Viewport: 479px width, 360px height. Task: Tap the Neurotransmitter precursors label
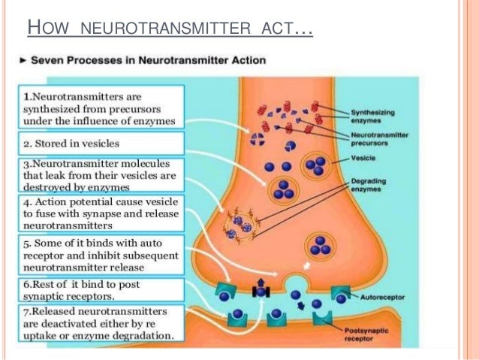375,139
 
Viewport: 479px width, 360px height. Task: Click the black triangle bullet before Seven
24,59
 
